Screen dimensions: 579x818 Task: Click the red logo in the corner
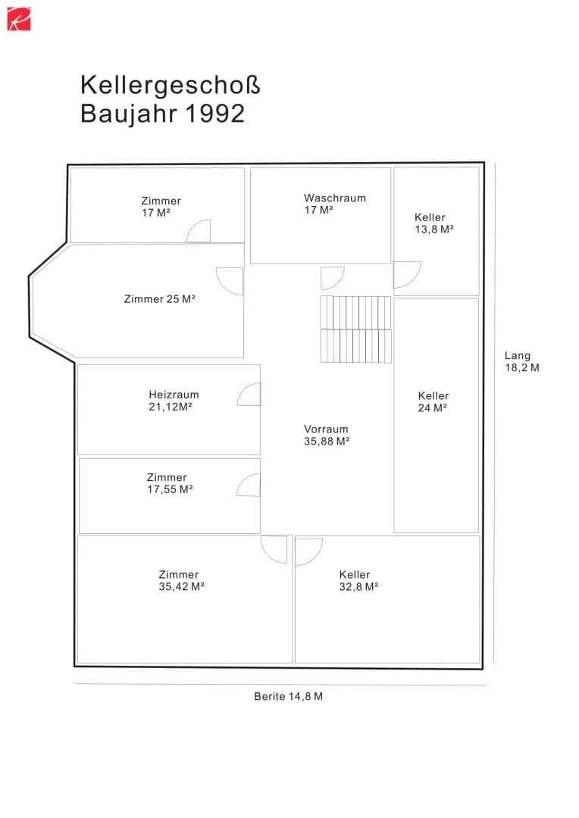click(19, 19)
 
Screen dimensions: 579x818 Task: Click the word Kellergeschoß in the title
click(171, 86)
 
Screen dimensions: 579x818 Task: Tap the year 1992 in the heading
click(214, 114)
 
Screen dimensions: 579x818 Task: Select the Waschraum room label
click(335, 198)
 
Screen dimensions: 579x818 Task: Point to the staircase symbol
click(355, 329)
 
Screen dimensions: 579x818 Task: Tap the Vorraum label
click(326, 429)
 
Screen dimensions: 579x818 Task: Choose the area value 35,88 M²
click(327, 442)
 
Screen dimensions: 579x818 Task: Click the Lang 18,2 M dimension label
click(521, 361)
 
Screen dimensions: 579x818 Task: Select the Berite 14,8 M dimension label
click(288, 697)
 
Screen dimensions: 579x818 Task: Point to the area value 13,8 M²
click(433, 229)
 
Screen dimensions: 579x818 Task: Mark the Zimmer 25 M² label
click(159, 299)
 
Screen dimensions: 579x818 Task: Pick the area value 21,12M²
click(171, 407)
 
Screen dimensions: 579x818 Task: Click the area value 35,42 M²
click(181, 586)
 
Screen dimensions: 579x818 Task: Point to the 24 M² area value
click(432, 408)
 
